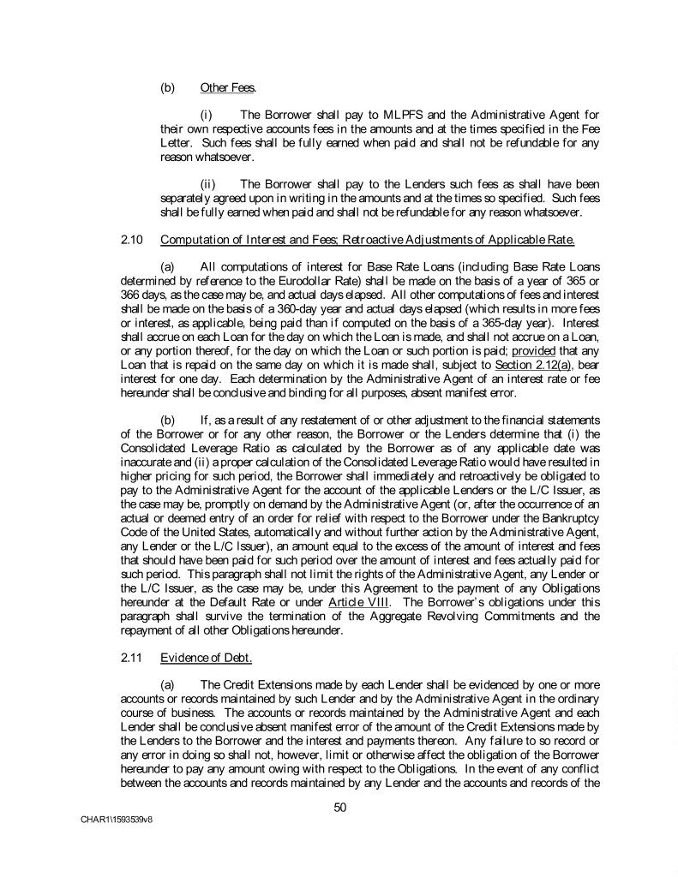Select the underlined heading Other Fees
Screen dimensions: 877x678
pyautogui.click(x=221, y=87)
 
